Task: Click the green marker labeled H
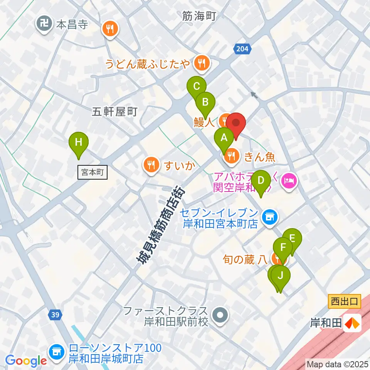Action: (78, 142)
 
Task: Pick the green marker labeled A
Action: (224, 138)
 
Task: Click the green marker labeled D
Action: (261, 180)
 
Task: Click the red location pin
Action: (236, 124)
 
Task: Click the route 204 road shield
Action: (242, 49)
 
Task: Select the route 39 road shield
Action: (55, 315)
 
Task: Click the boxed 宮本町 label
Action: (93, 172)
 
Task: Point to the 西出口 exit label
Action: (345, 301)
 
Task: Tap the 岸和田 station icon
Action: (353, 323)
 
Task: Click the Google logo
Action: (26, 361)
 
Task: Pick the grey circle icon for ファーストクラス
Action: (220, 315)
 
